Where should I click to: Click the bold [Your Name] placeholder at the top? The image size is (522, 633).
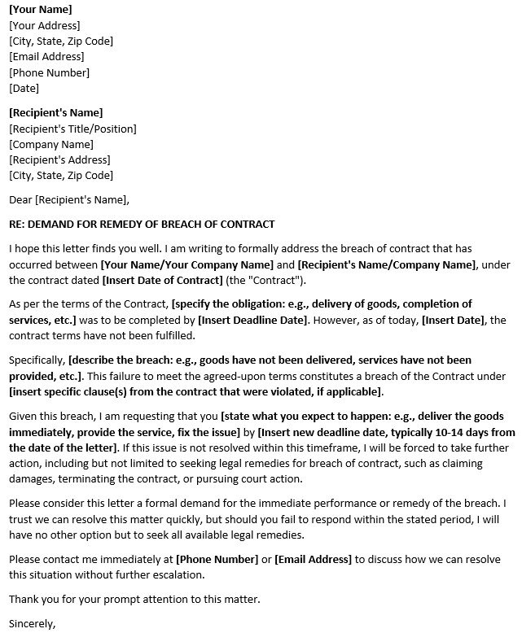(x=40, y=10)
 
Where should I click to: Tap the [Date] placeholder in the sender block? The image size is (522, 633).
(x=24, y=88)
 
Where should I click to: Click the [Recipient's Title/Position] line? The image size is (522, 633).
(x=72, y=129)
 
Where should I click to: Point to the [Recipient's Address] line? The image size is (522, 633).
(x=59, y=159)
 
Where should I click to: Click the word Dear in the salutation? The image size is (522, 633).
(x=20, y=199)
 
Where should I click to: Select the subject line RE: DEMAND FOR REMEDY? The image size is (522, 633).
(x=142, y=224)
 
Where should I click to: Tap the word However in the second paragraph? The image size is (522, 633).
(x=337, y=320)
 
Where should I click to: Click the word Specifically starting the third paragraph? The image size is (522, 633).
(x=37, y=360)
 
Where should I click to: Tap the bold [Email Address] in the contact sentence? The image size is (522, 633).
(x=314, y=560)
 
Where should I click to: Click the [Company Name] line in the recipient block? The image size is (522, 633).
(x=51, y=144)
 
